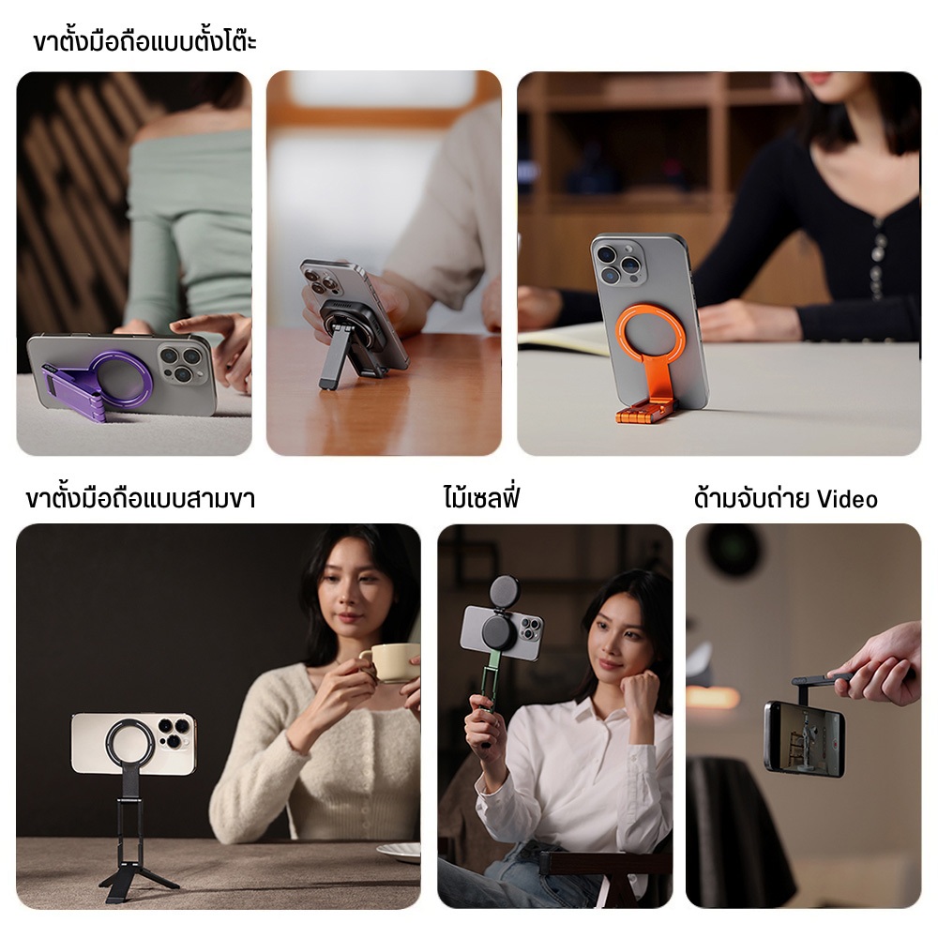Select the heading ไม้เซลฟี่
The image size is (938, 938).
pos(481,497)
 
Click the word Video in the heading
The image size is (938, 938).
pos(847,498)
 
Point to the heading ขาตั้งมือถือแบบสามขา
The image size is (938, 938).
pos(141,498)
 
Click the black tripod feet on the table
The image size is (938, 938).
pos(139,883)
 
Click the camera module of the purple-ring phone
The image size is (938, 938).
pos(183,364)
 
